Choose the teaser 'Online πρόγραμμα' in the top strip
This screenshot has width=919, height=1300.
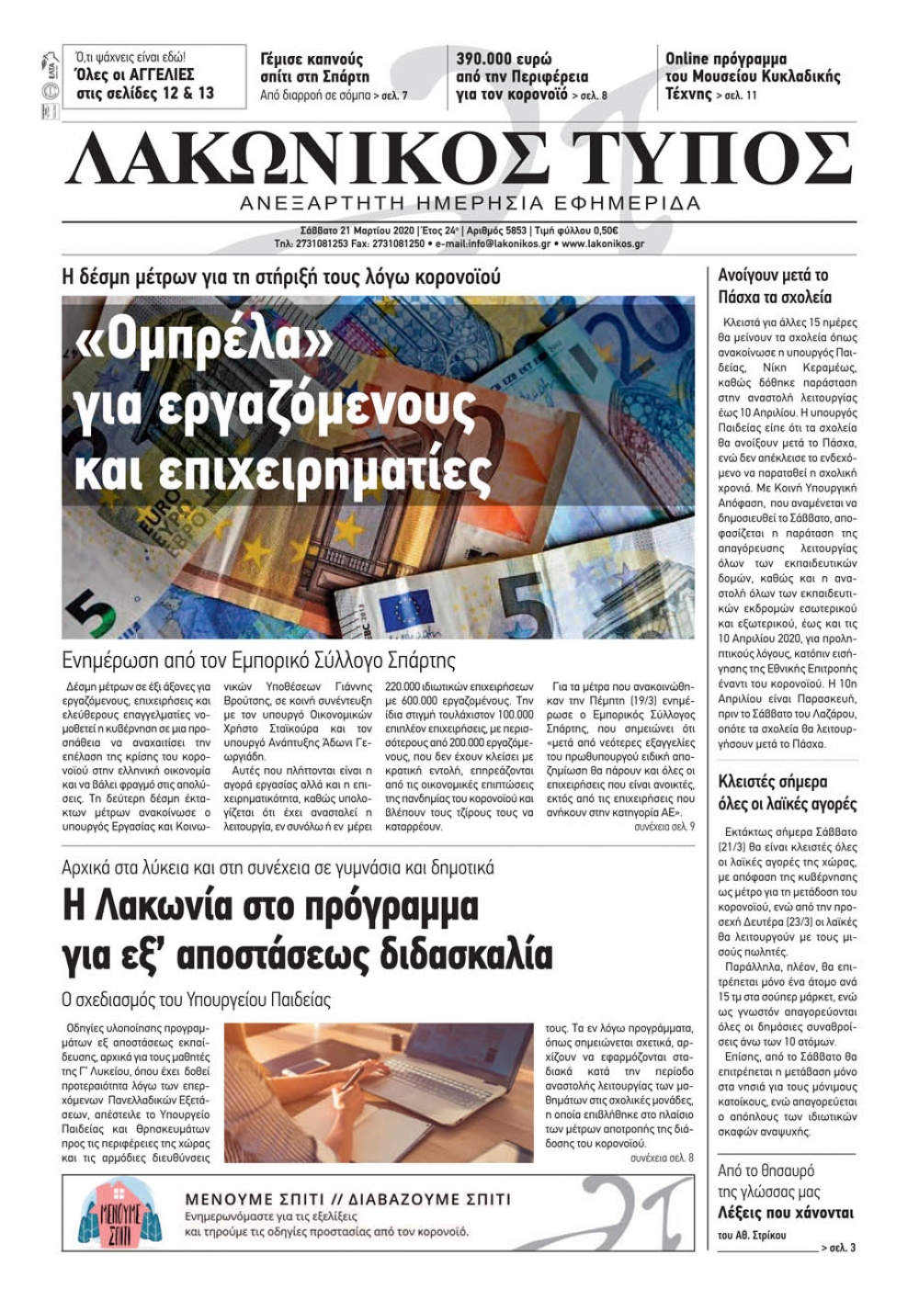726,60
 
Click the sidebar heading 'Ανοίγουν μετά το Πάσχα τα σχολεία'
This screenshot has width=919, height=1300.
774,286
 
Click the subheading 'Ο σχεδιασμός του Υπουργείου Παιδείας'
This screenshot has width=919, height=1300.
196,999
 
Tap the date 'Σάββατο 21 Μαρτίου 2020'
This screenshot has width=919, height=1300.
357,231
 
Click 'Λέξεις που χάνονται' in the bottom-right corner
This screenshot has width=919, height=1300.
785,1212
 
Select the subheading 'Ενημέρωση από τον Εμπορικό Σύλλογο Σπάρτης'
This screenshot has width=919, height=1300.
258,660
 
